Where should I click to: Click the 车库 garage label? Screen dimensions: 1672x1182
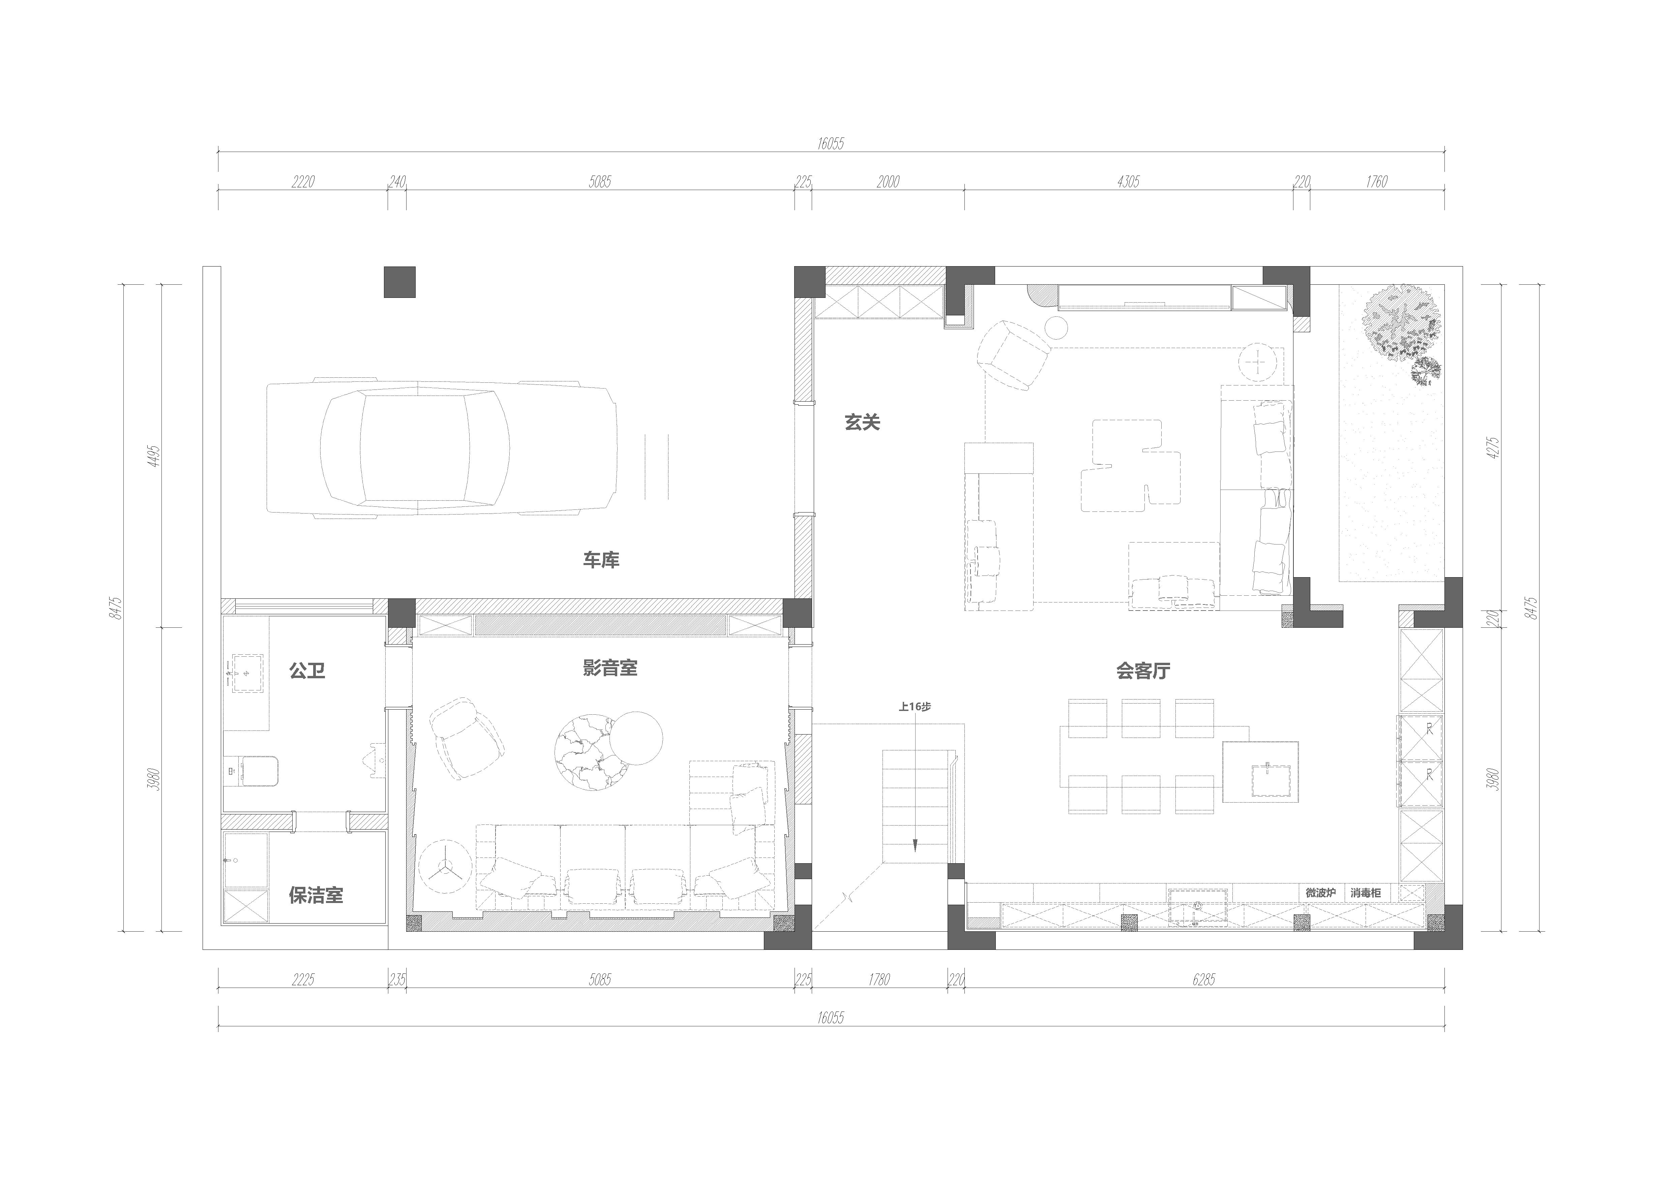(601, 560)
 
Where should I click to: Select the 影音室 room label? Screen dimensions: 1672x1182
(610, 668)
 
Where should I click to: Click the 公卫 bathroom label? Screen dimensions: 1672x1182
(307, 670)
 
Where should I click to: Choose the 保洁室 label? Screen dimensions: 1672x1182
(316, 895)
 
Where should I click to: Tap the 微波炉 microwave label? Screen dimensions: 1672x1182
(1320, 892)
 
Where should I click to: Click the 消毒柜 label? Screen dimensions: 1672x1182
(1366, 892)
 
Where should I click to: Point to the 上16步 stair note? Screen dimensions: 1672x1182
(915, 706)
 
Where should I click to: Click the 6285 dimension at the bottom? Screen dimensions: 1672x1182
(1204, 979)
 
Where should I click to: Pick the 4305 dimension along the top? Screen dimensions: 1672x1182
(1128, 182)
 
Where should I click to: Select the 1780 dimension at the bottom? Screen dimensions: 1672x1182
(879, 979)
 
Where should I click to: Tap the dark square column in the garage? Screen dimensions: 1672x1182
(400, 282)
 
